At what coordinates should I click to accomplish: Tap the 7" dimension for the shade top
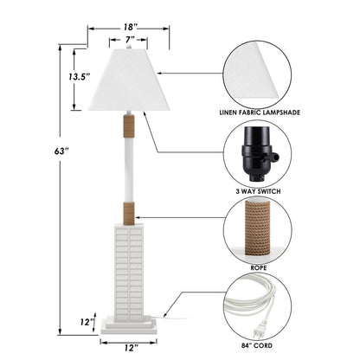[130, 40]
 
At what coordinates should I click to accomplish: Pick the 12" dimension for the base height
[87, 321]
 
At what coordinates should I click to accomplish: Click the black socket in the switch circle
[254, 158]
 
